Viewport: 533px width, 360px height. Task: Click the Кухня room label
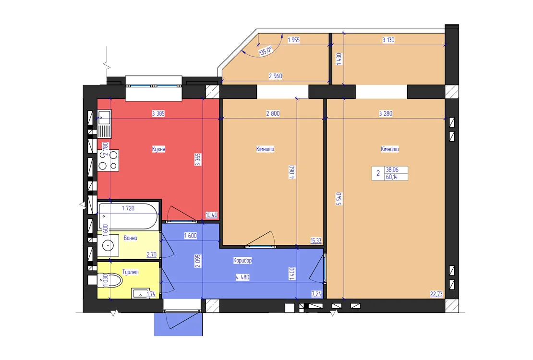(158, 149)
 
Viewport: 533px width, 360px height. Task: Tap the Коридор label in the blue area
(242, 260)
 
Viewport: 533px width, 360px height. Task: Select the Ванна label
(130, 238)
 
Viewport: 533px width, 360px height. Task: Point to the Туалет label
(130, 272)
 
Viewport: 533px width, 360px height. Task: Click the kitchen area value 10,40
(211, 215)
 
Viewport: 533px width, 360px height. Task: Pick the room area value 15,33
(316, 240)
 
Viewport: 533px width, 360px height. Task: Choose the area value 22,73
(436, 294)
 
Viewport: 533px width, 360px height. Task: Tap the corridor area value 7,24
(316, 294)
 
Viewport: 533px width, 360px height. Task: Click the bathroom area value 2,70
(152, 254)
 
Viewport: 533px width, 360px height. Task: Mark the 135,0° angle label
(266, 51)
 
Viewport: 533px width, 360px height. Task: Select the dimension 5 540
(339, 199)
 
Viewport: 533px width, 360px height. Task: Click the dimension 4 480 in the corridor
(242, 277)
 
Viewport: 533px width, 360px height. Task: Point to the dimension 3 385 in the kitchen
(158, 114)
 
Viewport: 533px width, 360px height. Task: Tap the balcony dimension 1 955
(294, 40)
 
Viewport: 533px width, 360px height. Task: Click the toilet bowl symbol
(110, 280)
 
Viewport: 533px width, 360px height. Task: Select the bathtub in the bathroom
(128, 216)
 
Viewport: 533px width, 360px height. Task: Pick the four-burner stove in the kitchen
(109, 160)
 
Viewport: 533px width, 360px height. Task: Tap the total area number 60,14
(392, 177)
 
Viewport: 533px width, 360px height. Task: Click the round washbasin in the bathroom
(108, 245)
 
